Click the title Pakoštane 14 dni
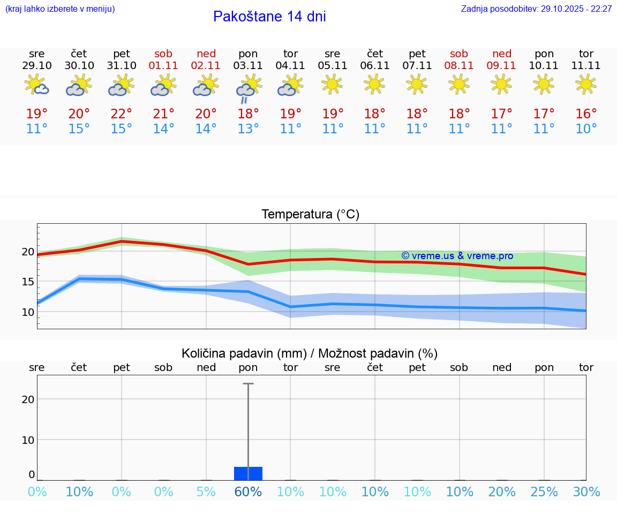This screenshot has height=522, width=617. pyautogui.click(x=269, y=17)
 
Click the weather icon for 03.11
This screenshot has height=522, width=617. pyautogui.click(x=248, y=87)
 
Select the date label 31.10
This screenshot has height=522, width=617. pyautogui.click(x=122, y=66)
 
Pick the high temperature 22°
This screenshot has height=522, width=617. pyautogui.click(x=122, y=114)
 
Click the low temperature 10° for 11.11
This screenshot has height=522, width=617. pyautogui.click(x=586, y=129)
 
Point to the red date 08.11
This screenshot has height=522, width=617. pyautogui.click(x=459, y=66)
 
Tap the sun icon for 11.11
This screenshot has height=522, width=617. pyautogui.click(x=586, y=84)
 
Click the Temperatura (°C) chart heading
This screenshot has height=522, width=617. pyautogui.click(x=310, y=215)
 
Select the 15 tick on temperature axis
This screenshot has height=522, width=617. pyautogui.click(x=28, y=282)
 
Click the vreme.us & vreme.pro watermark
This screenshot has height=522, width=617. pyautogui.click(x=457, y=256)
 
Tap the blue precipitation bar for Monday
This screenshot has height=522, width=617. pyautogui.click(x=248, y=473)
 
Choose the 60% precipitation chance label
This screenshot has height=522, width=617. pyautogui.click(x=248, y=492)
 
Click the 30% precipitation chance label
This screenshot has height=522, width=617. pyautogui.click(x=586, y=492)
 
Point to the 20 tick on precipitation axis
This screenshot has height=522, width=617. pyautogui.click(x=28, y=399)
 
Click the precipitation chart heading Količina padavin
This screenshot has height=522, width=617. pyautogui.click(x=310, y=353)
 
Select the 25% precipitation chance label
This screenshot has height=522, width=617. pyautogui.click(x=544, y=492)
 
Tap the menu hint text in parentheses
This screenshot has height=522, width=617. pyautogui.click(x=60, y=9)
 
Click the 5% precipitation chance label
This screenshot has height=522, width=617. pyautogui.click(x=206, y=492)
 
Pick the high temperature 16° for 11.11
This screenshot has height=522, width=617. pyautogui.click(x=586, y=114)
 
